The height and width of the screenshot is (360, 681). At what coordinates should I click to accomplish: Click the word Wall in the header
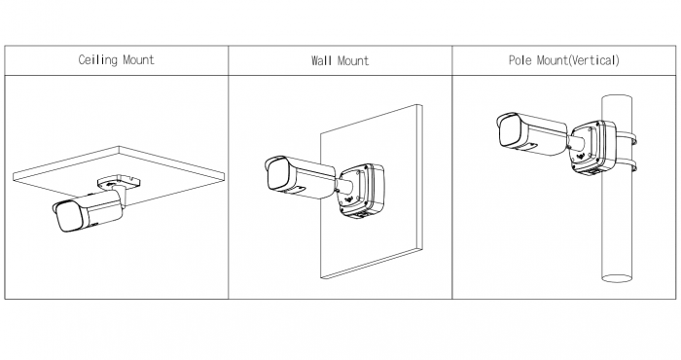click(x=321, y=60)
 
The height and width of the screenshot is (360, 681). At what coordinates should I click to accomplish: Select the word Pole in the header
click(x=520, y=60)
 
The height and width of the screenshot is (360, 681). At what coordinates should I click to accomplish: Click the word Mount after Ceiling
click(x=138, y=59)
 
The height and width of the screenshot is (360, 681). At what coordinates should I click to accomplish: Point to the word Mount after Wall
click(x=352, y=60)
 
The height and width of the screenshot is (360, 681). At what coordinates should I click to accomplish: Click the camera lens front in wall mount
click(x=278, y=174)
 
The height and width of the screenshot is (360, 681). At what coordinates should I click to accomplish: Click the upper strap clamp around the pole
click(x=627, y=138)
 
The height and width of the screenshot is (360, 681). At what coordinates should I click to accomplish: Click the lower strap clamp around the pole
click(x=627, y=165)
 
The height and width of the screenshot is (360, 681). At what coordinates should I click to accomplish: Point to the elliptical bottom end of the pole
click(x=617, y=278)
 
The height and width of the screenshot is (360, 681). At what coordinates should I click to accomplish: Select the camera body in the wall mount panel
click(x=300, y=178)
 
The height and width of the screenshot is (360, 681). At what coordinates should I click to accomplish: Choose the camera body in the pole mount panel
click(x=532, y=133)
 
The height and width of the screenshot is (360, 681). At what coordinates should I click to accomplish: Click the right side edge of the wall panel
click(x=419, y=177)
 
